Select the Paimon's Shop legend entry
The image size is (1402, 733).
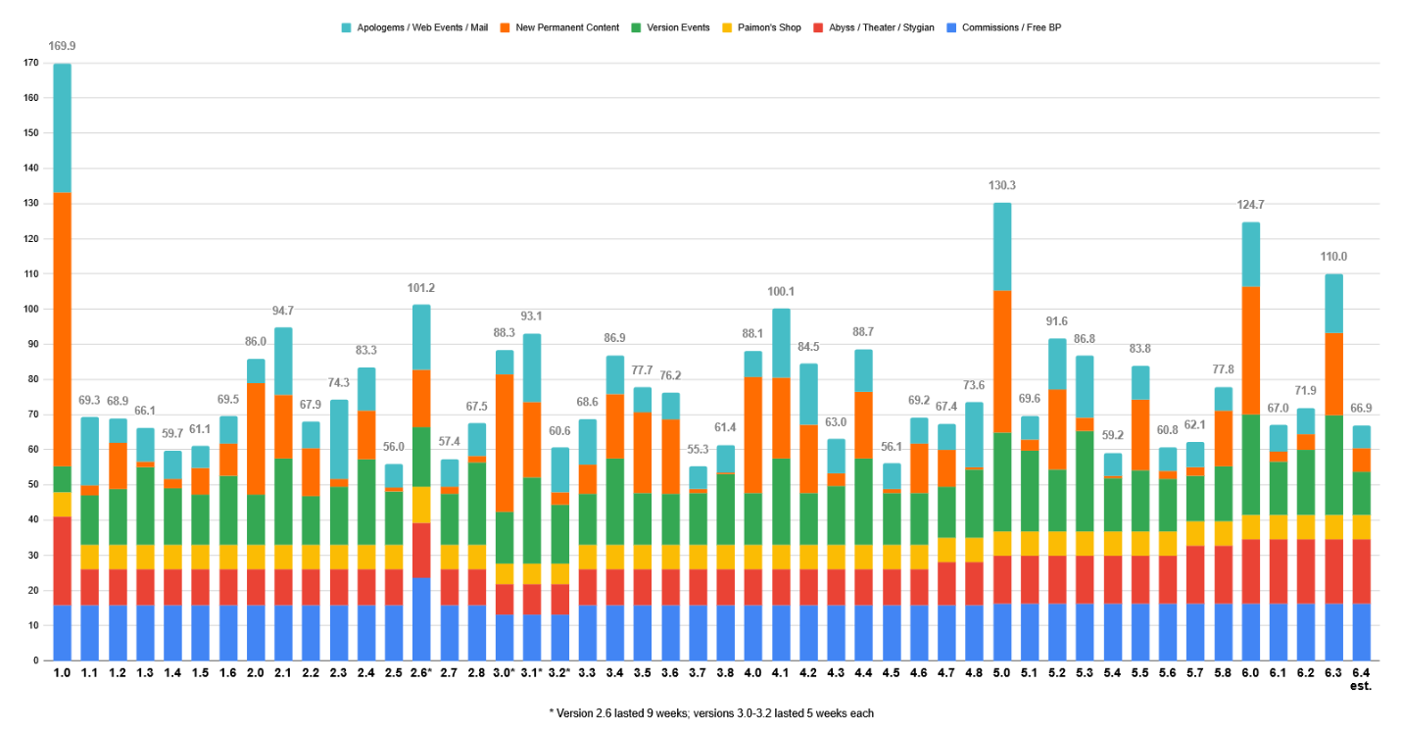(769, 27)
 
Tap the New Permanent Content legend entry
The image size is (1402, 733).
(566, 27)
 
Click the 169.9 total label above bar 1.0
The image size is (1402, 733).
(63, 45)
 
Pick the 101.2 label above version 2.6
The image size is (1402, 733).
(421, 288)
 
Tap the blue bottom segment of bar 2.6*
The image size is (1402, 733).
(421, 618)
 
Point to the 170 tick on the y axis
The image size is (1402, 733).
(32, 64)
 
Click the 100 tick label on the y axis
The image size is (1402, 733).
(32, 310)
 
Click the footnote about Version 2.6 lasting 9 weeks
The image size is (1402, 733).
(711, 713)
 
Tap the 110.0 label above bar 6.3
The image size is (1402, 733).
(1334, 257)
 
